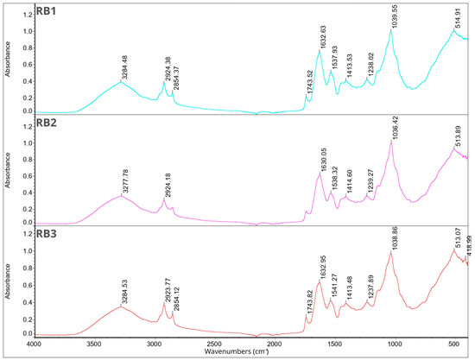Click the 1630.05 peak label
click(x=322, y=159)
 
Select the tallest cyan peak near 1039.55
click(x=392, y=33)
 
